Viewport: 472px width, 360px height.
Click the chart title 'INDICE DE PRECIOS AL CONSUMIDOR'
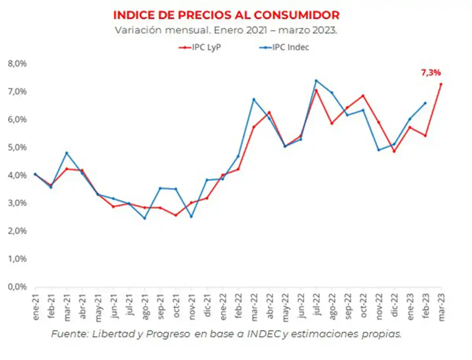coord(226,15)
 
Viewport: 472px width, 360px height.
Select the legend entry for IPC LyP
coord(200,48)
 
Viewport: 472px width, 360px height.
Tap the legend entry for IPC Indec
coord(286,48)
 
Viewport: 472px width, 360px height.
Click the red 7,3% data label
coord(431,72)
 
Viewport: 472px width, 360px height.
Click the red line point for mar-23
coord(441,84)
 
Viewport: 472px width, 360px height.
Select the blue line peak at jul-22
coord(316,81)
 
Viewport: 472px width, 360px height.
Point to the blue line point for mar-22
coord(254,99)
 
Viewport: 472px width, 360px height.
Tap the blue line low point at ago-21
coord(144,218)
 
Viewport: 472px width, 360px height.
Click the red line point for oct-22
coord(363,96)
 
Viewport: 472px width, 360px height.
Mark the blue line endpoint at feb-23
coord(425,103)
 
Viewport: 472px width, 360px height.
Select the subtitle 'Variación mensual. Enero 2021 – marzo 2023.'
coord(226,30)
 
